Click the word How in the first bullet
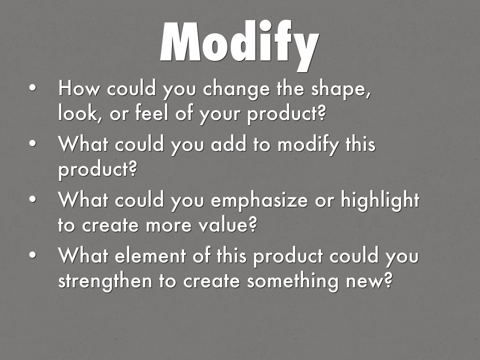79,88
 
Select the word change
236,90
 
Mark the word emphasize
259,201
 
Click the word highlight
380,201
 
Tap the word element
150,256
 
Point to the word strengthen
105,282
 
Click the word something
292,282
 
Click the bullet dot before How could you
32,88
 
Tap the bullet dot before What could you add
32,143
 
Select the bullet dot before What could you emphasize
32,199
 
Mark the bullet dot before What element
32,255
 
